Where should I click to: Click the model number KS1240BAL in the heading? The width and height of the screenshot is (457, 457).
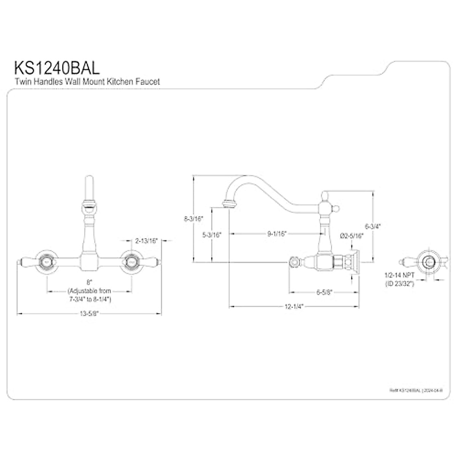[x=57, y=67]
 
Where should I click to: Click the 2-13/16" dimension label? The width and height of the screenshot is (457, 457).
[x=146, y=240]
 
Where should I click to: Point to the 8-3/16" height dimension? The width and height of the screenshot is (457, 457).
[x=194, y=219]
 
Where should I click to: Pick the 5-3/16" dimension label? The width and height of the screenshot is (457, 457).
[x=212, y=235]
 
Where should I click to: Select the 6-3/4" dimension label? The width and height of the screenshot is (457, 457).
[x=372, y=226]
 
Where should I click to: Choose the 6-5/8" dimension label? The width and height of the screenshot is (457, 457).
[x=324, y=292]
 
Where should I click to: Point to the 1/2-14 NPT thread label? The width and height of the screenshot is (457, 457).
[x=399, y=277]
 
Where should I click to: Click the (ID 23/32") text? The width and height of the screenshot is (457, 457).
[x=399, y=283]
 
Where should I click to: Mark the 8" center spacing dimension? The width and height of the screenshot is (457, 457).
[x=89, y=282]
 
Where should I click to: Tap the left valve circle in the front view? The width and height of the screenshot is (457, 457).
[x=47, y=262]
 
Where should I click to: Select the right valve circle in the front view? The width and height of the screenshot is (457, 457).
[x=132, y=262]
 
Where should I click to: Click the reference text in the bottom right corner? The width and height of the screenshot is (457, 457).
[x=415, y=390]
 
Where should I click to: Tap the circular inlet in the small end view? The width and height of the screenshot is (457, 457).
[x=429, y=262]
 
